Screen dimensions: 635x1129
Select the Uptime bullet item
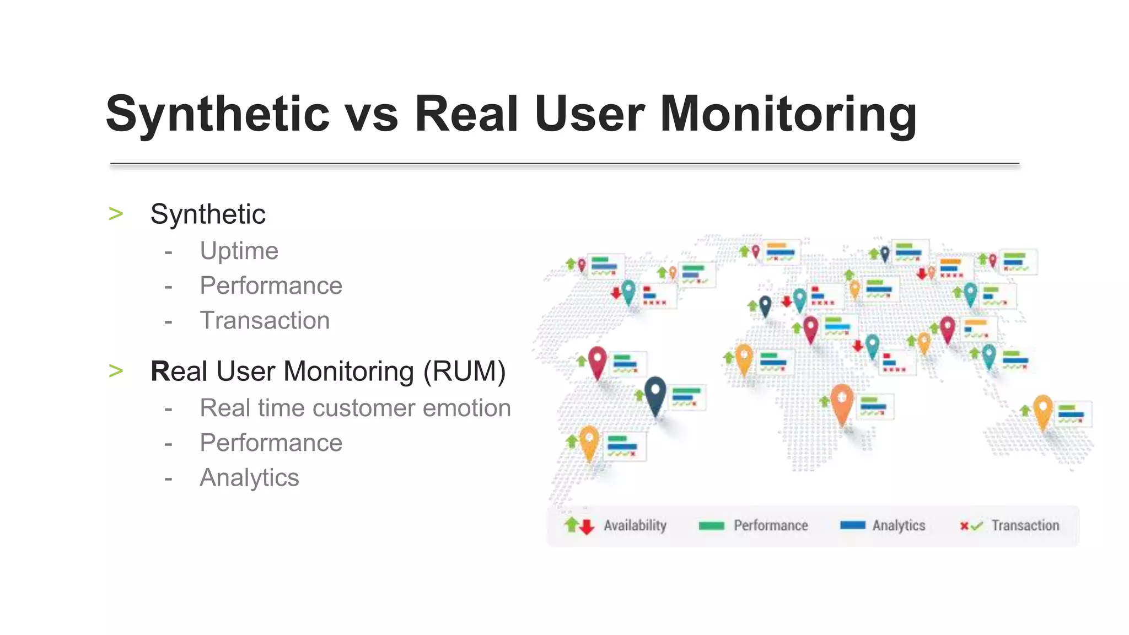click(239, 251)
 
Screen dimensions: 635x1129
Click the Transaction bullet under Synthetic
click(265, 320)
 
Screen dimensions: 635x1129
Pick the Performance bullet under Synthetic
click(271, 286)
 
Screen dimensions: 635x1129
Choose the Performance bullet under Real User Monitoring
click(271, 443)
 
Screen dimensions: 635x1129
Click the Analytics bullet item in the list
click(249, 477)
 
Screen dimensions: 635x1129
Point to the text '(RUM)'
click(464, 371)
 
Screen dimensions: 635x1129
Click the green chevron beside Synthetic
click(116, 213)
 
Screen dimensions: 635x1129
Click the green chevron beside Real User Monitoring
click(116, 370)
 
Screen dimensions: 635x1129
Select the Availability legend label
click(635, 525)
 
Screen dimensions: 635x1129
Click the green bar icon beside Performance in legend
click(711, 526)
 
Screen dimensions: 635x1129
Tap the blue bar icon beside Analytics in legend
click(852, 525)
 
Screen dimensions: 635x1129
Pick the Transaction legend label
click(1025, 525)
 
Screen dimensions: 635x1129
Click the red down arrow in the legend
click(587, 528)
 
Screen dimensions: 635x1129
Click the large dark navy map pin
click(655, 394)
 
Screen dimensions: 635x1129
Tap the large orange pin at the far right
click(1042, 410)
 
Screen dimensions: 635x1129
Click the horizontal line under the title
click(564, 164)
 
